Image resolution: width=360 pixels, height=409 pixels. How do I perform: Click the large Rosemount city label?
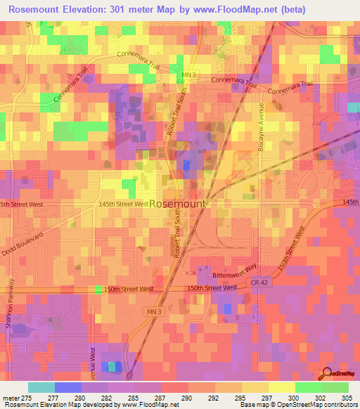click(179, 203)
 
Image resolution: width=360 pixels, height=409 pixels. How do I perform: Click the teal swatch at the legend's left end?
click(41, 387)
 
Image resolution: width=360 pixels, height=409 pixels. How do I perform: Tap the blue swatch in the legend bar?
click(67, 387)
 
